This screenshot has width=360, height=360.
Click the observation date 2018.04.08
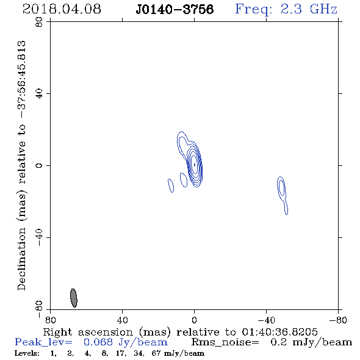coord(62,9)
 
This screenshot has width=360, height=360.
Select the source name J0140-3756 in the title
coord(175,9)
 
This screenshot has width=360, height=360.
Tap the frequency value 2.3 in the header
coord(291,9)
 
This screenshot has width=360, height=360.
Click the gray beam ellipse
coord(73,298)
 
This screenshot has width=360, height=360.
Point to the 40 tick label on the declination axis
coord(39,94)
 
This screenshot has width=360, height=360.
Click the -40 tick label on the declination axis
coord(39,237)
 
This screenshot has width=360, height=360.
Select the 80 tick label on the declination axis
coord(39,22)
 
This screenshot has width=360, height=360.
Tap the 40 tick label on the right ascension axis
coord(123,320)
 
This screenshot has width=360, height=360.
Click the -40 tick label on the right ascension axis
coord(266,320)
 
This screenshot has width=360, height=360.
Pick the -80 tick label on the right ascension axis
coord(338,320)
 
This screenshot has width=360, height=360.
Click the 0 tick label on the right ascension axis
coord(194,320)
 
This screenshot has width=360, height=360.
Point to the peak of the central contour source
coord(195,165)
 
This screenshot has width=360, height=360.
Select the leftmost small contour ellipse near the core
coord(171,185)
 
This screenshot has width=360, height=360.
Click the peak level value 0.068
coord(98,342)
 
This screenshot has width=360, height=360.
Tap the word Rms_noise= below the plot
coord(225,342)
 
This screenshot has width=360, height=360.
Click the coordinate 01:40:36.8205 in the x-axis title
coord(279,332)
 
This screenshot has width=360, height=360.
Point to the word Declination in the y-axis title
coord(21,259)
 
